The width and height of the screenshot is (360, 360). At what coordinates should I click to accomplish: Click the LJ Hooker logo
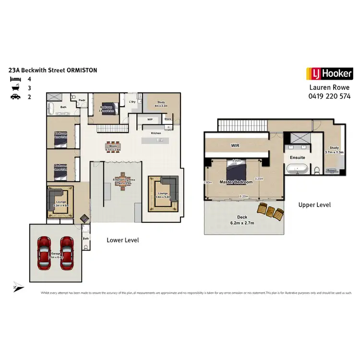pos(329,74)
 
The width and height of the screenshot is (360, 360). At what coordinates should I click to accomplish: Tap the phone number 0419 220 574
pos(329,96)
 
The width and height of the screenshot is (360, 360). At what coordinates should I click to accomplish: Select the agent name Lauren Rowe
pos(329,88)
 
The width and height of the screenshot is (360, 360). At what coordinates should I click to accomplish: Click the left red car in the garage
pos(44,253)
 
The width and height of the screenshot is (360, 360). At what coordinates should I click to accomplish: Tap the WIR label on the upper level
pos(235,144)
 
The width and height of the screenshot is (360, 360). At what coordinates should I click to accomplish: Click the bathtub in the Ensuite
pos(298,169)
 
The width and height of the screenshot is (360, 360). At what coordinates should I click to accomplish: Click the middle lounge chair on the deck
pos(270,210)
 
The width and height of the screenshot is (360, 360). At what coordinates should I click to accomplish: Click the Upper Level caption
pos(314,205)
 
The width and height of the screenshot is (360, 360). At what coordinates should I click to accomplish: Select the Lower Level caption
pos(122,240)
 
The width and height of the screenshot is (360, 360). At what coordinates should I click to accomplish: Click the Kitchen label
pos(156,133)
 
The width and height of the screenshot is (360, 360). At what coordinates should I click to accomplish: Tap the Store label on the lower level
pos(168,119)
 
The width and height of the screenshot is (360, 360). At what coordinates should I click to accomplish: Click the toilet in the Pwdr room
pos(73,97)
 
